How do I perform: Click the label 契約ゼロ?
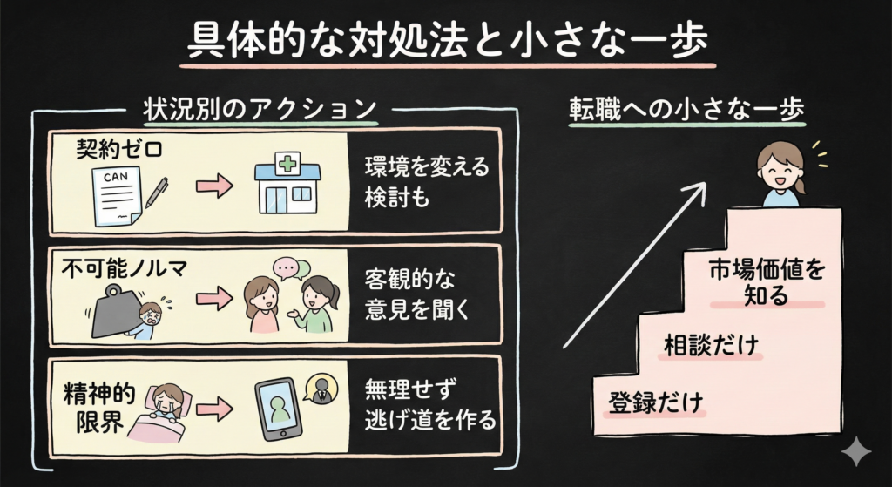(x=119, y=150)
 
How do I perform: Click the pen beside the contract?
(x=157, y=192)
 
